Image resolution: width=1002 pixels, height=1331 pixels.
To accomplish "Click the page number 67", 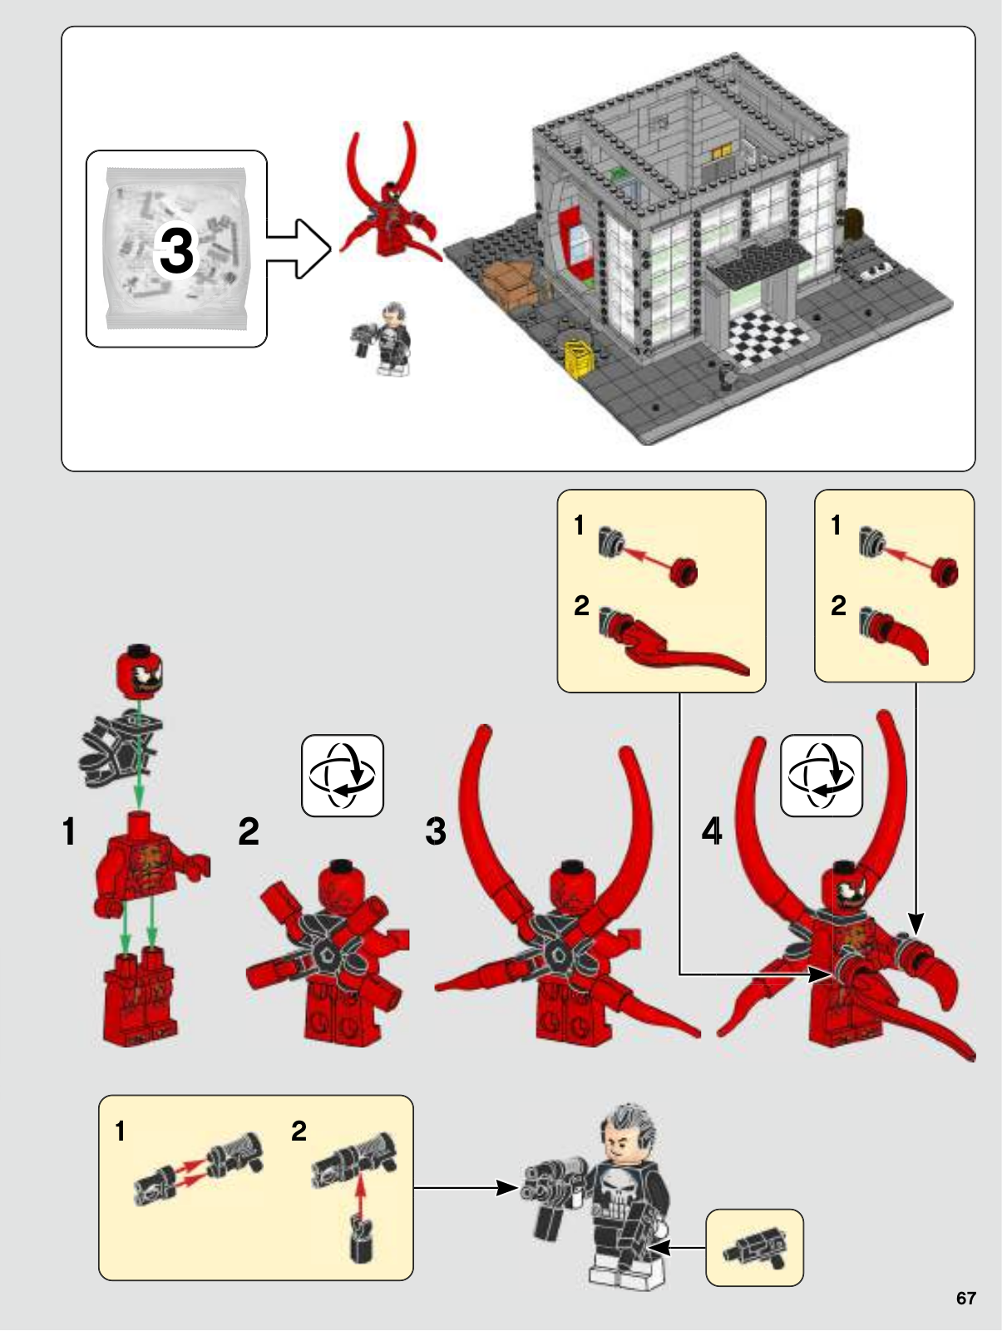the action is click(965, 1298).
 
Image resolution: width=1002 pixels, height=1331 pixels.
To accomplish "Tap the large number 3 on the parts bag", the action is click(176, 251).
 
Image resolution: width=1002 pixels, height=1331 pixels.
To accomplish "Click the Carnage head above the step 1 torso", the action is click(140, 669).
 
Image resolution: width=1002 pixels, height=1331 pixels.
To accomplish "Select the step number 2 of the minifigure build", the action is click(249, 831).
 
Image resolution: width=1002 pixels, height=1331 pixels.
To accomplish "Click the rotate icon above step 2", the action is click(343, 776).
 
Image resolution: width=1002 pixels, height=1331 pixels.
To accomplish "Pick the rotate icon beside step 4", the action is click(822, 776).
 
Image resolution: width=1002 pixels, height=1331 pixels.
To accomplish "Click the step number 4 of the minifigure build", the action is click(712, 831).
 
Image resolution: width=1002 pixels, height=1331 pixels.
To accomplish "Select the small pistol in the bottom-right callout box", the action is click(755, 1248).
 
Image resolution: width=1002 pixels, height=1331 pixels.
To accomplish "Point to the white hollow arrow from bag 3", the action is click(299, 249).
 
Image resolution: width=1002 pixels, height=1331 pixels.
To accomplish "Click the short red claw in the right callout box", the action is click(896, 638).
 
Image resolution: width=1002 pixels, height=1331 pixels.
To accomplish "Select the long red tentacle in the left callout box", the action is click(674, 643).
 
